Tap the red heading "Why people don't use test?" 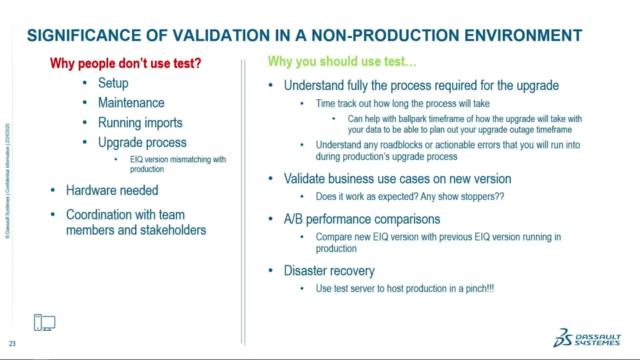(x=126, y=63)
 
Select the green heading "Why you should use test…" (x=342, y=61)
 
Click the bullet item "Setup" (x=113, y=83)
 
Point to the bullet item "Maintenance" (x=131, y=103)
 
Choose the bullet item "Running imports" (x=140, y=123)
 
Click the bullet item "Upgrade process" (x=142, y=143)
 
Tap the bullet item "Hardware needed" (x=112, y=190)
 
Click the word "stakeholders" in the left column (x=173, y=230)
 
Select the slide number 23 (x=12, y=344)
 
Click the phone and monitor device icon (x=45, y=323)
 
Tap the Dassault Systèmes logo (x=587, y=338)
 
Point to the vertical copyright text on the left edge (x=7, y=181)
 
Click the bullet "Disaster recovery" (x=329, y=271)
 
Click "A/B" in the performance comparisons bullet (x=293, y=219)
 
